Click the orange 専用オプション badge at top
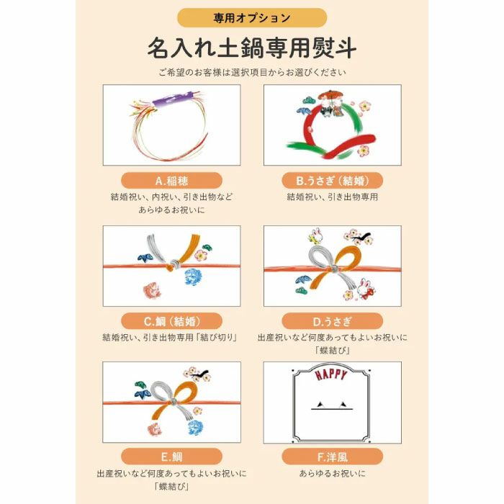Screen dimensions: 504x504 tap(252, 17)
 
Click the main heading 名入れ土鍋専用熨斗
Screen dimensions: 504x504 tap(252, 48)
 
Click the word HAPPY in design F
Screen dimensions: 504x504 tap(332, 375)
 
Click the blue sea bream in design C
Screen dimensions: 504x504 tap(195, 276)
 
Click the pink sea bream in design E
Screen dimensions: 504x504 tap(153, 428)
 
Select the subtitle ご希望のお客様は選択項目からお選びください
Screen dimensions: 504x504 tap(252, 72)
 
